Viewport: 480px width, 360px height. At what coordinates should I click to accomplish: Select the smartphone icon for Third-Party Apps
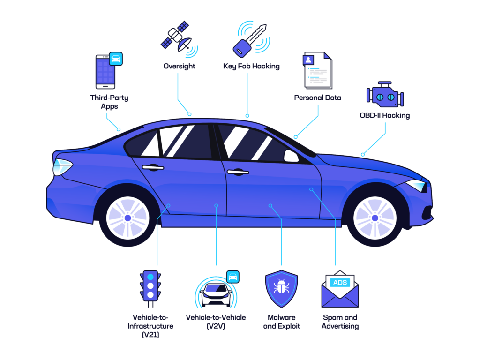[x=109, y=71]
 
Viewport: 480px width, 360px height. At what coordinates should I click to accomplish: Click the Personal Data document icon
[x=317, y=70]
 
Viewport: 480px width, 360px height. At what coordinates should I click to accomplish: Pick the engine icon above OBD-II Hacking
[x=385, y=94]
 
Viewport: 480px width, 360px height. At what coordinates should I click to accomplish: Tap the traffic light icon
[x=150, y=289]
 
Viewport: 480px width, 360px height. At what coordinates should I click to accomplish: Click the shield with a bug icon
[x=281, y=289]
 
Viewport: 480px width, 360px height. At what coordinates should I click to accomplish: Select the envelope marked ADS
[x=340, y=289]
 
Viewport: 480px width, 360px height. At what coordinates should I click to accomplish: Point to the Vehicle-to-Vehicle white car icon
[x=217, y=294]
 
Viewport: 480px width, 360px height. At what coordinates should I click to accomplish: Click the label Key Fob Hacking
[x=251, y=66]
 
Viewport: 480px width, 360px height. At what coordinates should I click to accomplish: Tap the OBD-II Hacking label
[x=385, y=115]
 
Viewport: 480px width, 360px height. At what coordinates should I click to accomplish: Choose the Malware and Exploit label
[x=282, y=322]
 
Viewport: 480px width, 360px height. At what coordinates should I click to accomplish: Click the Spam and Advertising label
[x=340, y=322]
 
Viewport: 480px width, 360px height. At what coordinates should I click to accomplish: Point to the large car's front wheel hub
[x=375, y=218]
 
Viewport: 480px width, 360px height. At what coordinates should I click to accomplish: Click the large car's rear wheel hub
[x=127, y=218]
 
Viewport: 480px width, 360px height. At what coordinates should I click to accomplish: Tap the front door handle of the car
[x=238, y=172]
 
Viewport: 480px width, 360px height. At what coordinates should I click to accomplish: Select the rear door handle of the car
[x=153, y=167]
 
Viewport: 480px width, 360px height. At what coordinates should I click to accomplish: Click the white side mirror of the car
[x=291, y=156]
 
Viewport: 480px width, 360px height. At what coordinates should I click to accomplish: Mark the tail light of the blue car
[x=62, y=167]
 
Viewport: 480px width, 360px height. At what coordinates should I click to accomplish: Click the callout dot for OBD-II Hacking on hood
[x=363, y=155]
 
